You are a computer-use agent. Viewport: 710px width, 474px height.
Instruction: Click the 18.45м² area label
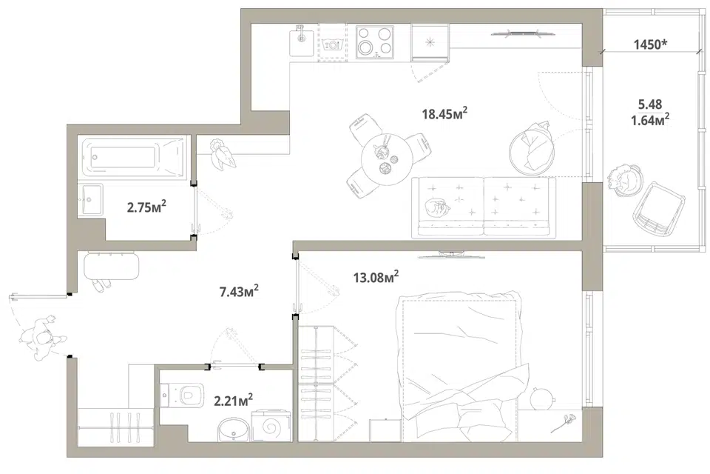coord(444,113)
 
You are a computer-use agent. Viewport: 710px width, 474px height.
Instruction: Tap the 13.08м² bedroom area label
coord(376,276)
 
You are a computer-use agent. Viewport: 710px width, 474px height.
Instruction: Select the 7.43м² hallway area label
coord(239,291)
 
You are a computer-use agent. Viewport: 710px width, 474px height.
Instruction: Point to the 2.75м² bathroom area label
coord(146,207)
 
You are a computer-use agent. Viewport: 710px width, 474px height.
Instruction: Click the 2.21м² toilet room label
coord(233,400)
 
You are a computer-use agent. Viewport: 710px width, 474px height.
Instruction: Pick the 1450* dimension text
coord(651,44)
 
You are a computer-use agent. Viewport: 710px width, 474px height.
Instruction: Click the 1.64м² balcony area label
coord(650,120)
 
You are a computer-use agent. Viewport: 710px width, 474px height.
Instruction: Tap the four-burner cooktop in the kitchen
coord(374,41)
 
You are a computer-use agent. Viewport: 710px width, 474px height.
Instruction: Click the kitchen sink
coord(302,41)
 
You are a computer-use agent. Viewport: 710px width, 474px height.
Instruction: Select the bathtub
coord(134,156)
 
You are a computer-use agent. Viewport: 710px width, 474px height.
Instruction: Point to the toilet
coord(183,395)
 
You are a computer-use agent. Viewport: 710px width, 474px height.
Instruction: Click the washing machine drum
coord(271,427)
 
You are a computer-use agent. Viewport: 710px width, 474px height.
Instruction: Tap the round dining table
coord(386,160)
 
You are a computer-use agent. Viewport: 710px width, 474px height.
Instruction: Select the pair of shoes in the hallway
coord(101,285)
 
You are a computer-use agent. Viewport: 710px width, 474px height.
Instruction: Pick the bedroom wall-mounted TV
coord(451,255)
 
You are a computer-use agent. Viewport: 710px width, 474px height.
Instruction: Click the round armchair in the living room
coord(532,149)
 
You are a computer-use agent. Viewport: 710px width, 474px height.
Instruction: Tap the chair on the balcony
coord(659,210)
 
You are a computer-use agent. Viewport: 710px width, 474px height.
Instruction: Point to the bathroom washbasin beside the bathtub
coord(90,199)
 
